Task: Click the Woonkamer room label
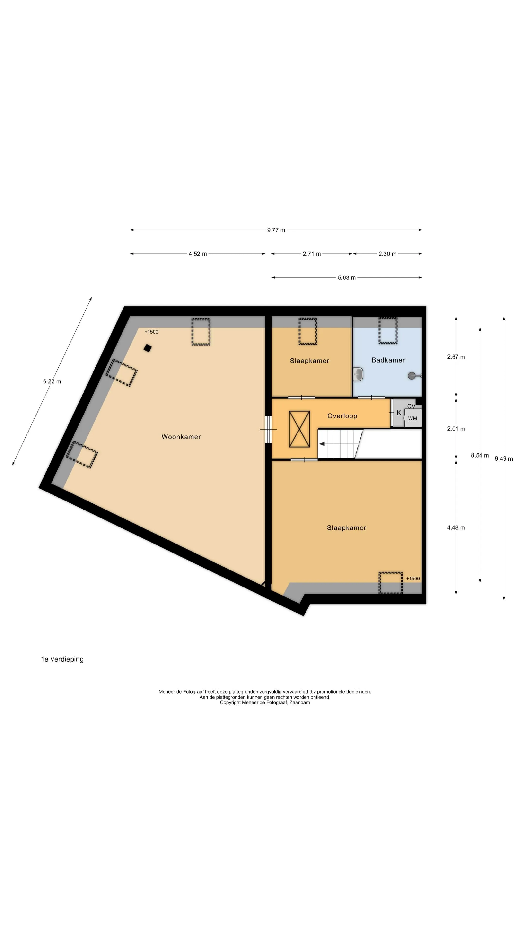181,437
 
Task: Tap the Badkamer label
388,360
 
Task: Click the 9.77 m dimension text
276,230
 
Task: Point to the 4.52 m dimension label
197,254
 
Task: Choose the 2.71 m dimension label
312,254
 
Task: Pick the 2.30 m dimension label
387,254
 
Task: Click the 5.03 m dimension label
347,278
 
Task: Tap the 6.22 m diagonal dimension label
52,381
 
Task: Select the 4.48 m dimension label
456,528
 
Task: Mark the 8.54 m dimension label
480,455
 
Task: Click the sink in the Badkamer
358,374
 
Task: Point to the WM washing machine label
412,418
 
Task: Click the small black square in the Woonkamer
148,348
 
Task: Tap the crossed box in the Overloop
299,429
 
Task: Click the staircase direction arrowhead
322,444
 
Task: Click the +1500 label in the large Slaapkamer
413,579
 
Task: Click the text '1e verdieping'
62,659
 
